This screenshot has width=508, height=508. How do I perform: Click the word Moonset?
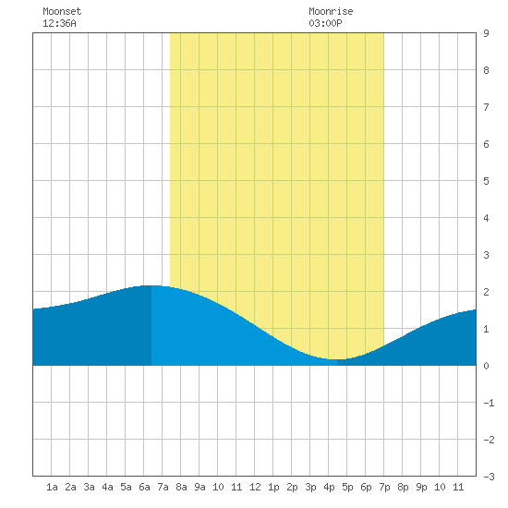62,11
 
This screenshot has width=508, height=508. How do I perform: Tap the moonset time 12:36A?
59,23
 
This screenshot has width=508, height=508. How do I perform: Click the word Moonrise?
331,11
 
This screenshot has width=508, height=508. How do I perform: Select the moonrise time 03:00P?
325,23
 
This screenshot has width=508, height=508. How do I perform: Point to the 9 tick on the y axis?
486,33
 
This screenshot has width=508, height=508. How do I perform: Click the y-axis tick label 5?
486,181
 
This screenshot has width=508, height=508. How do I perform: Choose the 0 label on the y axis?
486,366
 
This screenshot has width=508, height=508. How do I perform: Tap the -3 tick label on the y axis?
489,477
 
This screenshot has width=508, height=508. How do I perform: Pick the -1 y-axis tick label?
489,403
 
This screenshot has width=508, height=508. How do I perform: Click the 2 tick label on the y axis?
486,292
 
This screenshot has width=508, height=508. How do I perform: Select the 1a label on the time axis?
52,487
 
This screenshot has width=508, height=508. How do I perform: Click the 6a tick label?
144,487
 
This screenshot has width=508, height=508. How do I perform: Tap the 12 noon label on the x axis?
255,487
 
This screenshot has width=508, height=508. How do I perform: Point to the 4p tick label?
329,487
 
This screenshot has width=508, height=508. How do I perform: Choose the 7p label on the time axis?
384,487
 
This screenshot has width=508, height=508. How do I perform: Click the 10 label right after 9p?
440,487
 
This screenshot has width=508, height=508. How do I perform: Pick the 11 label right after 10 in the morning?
236,487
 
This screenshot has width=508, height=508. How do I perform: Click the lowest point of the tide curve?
337,359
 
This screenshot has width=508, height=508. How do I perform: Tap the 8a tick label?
181,487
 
